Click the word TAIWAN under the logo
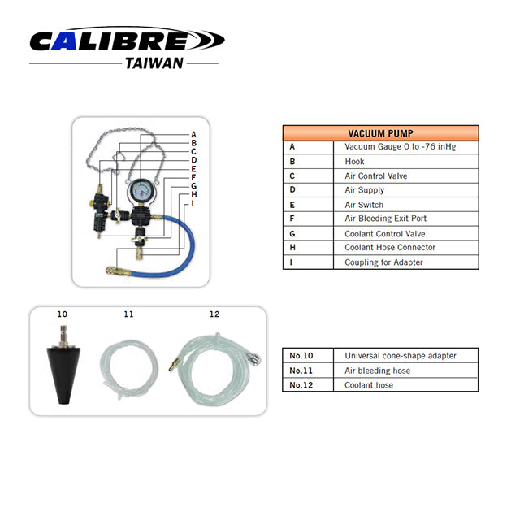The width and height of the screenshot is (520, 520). [x=154, y=63]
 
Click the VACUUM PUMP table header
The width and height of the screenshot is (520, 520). [x=381, y=133]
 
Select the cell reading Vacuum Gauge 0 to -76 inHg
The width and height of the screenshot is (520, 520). [x=401, y=146]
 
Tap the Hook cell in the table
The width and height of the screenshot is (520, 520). [x=354, y=162]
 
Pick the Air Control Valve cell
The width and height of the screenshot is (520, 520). [x=376, y=175]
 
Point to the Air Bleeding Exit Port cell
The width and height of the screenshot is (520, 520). [x=385, y=219]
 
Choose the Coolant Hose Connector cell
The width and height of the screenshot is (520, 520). [x=390, y=247]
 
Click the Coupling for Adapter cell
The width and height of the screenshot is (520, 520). [x=383, y=262]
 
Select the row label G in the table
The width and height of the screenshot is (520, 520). [x=292, y=234]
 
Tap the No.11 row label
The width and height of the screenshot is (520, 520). [x=301, y=370]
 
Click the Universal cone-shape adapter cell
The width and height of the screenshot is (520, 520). [x=401, y=356]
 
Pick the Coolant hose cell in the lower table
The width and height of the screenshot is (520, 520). [x=369, y=385]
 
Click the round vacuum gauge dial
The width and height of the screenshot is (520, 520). [x=141, y=192]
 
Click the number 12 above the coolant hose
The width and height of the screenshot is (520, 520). [x=214, y=314]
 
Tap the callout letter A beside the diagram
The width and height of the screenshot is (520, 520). [x=193, y=135]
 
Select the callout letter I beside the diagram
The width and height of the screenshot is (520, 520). [x=193, y=203]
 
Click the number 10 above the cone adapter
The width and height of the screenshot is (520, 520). [x=63, y=314]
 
